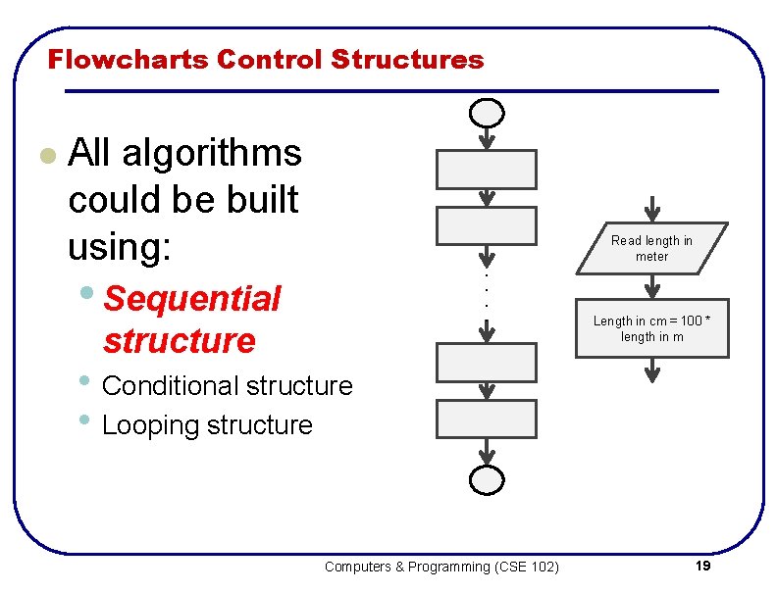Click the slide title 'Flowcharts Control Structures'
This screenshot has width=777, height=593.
pyautogui.click(x=266, y=60)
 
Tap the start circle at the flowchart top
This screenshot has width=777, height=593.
pyautogui.click(x=487, y=114)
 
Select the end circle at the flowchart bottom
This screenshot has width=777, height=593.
pyautogui.click(x=487, y=480)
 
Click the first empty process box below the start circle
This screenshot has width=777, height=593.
pyautogui.click(x=487, y=170)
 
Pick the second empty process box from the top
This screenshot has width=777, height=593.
pyautogui.click(x=487, y=225)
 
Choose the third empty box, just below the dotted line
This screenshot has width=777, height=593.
pyautogui.click(x=487, y=362)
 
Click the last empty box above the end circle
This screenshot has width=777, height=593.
pyautogui.click(x=487, y=419)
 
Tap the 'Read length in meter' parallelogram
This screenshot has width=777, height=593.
pyautogui.click(x=652, y=248)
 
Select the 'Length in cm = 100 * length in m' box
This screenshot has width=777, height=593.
pyautogui.click(x=652, y=328)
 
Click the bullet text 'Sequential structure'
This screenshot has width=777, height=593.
pyautogui.click(x=192, y=319)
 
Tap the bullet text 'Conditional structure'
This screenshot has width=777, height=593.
pyautogui.click(x=227, y=386)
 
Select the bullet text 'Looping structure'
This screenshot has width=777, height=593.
pyautogui.click(x=207, y=425)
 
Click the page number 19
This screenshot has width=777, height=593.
pyautogui.click(x=701, y=567)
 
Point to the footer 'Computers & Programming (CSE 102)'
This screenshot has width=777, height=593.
pyautogui.click(x=441, y=567)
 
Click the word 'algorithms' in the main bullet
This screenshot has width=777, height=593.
pyautogui.click(x=211, y=153)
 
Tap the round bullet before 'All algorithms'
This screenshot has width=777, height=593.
pyautogui.click(x=45, y=155)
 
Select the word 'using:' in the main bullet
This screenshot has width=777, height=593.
pyautogui.click(x=119, y=247)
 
